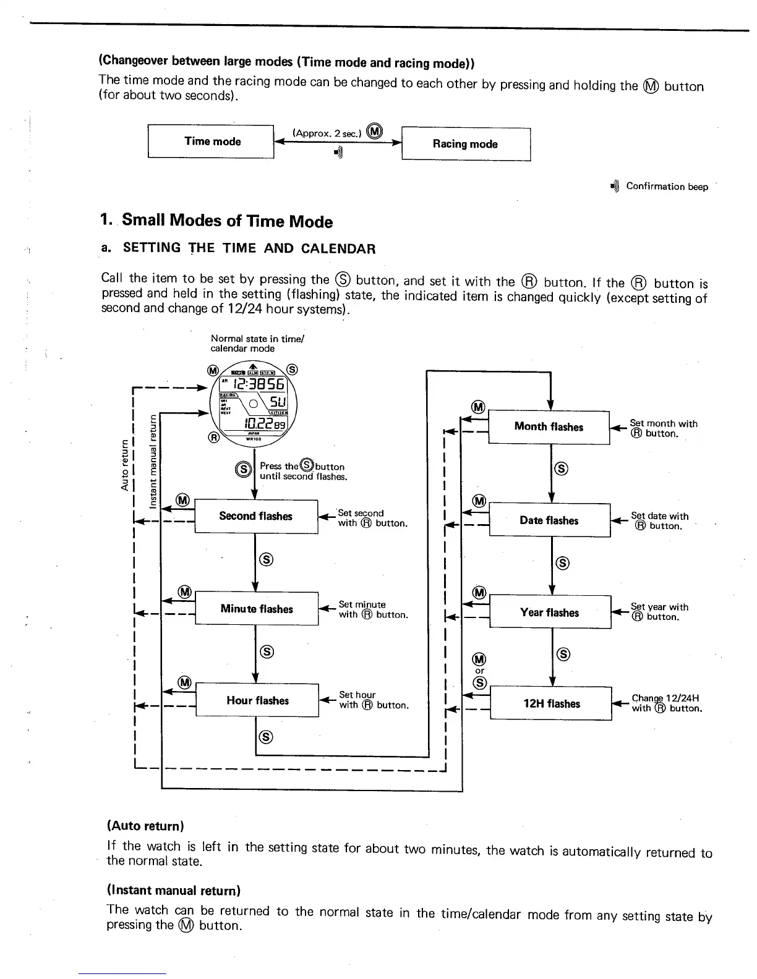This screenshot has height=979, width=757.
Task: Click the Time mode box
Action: tap(211, 142)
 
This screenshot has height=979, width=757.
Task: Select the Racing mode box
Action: tap(466, 144)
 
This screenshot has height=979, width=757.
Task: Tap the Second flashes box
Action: tap(256, 516)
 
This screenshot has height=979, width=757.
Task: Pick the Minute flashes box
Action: tap(257, 609)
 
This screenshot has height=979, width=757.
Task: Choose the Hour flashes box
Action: tap(257, 700)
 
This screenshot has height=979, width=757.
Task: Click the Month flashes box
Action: tap(549, 427)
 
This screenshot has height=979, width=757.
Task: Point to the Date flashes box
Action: tap(549, 520)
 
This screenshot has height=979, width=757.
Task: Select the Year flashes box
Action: tap(550, 612)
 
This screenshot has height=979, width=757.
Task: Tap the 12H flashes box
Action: tap(551, 704)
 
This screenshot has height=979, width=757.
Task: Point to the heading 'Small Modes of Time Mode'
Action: tap(227, 221)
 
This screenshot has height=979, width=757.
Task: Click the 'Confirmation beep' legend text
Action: tap(666, 187)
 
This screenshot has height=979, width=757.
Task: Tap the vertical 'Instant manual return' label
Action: tap(153, 460)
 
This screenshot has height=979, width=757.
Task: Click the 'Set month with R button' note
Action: tap(663, 428)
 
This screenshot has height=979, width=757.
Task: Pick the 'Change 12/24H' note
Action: tap(667, 703)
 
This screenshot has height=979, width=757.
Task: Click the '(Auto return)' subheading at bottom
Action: tap(146, 826)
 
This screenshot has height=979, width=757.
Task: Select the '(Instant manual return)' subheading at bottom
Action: tap(173, 891)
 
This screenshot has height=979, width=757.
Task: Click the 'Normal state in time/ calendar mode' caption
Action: tap(257, 344)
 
